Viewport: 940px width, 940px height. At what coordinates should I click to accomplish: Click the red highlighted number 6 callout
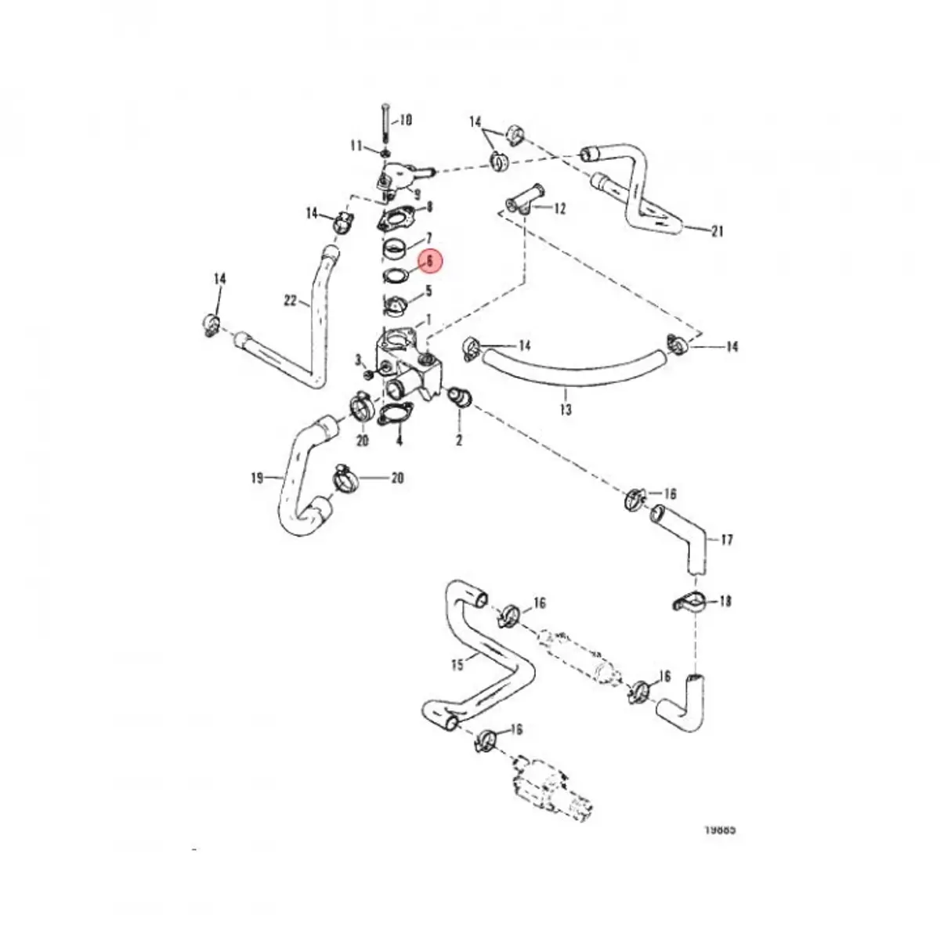[x=429, y=262]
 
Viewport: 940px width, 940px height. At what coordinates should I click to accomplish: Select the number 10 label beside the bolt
[x=406, y=121]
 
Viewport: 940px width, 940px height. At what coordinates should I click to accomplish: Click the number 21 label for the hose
[x=718, y=231]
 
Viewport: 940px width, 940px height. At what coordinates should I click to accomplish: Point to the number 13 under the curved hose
[x=566, y=409]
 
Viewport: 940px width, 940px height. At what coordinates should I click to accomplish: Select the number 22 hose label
[x=291, y=300]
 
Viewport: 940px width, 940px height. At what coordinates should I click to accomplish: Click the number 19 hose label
[x=258, y=477]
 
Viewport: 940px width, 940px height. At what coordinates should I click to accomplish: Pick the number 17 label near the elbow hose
[x=727, y=540]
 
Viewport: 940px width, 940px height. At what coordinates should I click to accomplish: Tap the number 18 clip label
[x=725, y=602]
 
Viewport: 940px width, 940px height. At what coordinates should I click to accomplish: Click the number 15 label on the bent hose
[x=458, y=664]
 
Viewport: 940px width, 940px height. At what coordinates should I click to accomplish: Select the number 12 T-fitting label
[x=559, y=209]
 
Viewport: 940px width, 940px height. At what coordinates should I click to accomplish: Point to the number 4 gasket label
[x=399, y=441]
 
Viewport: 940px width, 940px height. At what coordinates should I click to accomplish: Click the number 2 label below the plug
[x=459, y=441]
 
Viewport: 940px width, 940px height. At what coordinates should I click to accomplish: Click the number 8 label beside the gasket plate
[x=428, y=208]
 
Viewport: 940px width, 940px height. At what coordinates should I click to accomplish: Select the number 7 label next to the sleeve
[x=428, y=237]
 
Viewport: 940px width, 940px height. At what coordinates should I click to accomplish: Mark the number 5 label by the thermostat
[x=428, y=291]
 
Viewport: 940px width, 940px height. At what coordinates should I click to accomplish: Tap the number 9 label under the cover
[x=418, y=193]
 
